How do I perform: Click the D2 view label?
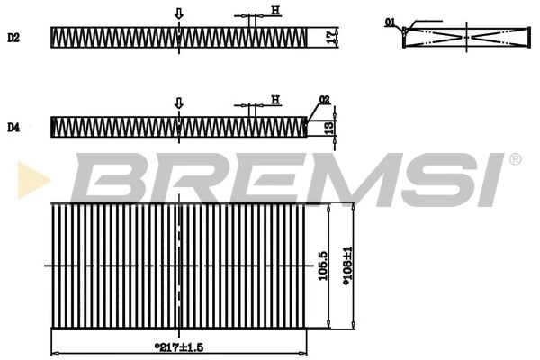tap(13, 38)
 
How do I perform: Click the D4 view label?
tap(13, 128)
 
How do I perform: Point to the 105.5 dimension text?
tap(322, 266)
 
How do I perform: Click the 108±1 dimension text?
tap(346, 266)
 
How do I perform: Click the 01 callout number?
tap(390, 22)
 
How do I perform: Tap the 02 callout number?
tap(324, 99)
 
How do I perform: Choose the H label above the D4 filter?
tap(274, 99)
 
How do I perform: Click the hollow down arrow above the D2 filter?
tap(178, 13)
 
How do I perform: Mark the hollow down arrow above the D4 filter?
tap(178, 103)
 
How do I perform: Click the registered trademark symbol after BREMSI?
tap(515, 160)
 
